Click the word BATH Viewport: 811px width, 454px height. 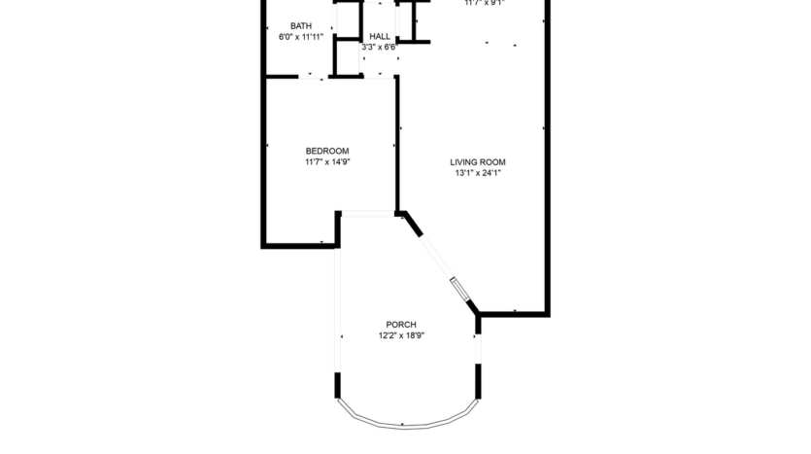(301, 26)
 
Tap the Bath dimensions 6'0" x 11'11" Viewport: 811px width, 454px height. (301, 37)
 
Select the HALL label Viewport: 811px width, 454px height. (379, 36)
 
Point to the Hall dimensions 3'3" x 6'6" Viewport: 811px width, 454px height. (379, 47)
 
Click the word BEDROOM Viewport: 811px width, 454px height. (327, 151)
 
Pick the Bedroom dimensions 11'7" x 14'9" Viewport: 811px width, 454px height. (327, 162)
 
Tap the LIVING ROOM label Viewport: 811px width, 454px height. (478, 162)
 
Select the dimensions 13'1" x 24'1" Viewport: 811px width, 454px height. (478, 174)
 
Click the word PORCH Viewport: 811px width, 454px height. (401, 325)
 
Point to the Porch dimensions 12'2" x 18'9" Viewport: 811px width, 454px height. (401, 336)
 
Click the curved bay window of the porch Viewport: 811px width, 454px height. (406, 421)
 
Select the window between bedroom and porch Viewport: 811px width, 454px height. (367, 212)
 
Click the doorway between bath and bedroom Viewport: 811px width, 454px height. (310, 76)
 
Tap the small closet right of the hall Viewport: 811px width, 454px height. (416, 19)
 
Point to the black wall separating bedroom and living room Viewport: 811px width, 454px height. (397, 146)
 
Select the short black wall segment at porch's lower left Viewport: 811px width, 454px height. (338, 385)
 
